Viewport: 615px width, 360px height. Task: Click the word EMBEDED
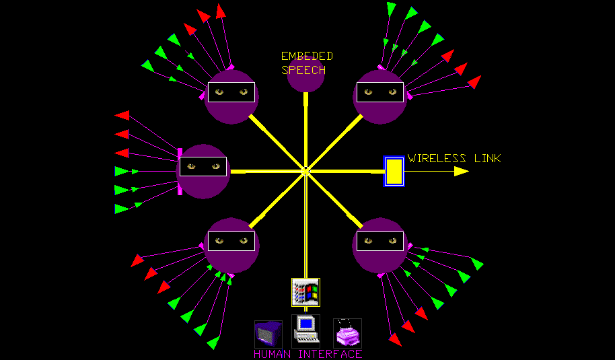click(307, 57)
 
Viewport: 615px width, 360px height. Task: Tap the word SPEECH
click(303, 69)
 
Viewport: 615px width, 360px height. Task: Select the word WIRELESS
click(437, 159)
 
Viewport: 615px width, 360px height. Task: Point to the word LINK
click(486, 159)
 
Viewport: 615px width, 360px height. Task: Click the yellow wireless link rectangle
click(394, 171)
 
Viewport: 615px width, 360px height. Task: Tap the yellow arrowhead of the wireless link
click(461, 171)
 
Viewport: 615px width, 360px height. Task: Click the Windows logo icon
click(305, 292)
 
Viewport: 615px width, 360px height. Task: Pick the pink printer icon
click(347, 332)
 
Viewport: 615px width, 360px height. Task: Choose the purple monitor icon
click(268, 334)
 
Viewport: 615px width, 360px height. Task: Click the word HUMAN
click(274, 354)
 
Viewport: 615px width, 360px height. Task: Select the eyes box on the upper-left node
click(231, 92)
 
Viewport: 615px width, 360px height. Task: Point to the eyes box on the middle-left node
click(203, 166)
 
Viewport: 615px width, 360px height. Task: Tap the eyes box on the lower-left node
click(231, 241)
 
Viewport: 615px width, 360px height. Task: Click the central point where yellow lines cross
click(305, 170)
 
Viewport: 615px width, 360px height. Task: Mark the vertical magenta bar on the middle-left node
click(180, 171)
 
